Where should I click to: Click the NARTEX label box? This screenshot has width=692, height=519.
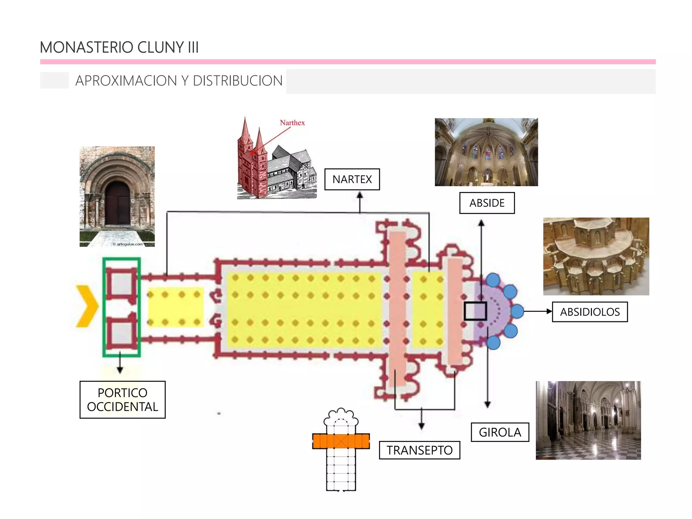coord(352,179)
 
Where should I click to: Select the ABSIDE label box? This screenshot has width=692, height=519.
coord(487,203)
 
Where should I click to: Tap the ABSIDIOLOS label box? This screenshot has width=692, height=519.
coord(590,312)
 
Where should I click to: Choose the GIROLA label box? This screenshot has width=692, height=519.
coord(500,432)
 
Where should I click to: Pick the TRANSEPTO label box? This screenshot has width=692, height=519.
coord(419,450)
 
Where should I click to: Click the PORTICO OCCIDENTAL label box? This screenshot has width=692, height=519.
coord(122,400)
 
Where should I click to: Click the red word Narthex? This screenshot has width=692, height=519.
coord(292,123)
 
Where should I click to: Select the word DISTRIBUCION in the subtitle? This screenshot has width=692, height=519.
coord(237,81)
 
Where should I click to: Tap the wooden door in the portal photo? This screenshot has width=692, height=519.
coord(117,203)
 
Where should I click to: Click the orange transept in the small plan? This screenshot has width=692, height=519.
coord(341,441)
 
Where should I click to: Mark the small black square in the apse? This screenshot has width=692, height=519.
coord(475,311)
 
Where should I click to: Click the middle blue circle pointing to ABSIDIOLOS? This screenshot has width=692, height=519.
coord(517,311)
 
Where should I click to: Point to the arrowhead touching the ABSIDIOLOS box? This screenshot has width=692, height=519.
coord(549,312)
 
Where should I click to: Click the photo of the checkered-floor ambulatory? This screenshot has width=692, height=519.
coord(588,420)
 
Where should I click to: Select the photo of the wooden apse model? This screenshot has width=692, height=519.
coord(596,256)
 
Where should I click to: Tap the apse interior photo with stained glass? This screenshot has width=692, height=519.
coord(486,152)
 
